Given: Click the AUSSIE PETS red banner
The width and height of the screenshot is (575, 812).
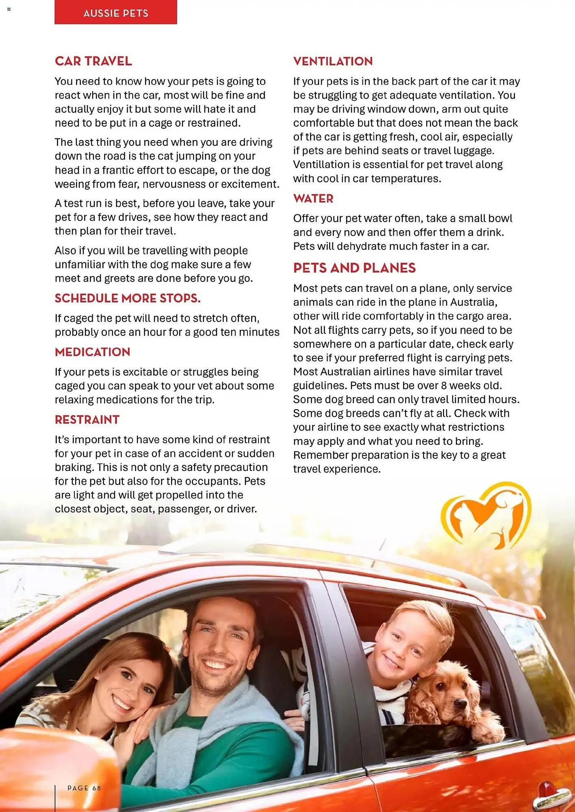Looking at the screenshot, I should [116, 13].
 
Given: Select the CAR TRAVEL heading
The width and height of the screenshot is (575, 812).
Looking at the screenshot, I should [93, 61].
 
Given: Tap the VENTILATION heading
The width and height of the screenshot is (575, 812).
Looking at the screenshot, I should [333, 61].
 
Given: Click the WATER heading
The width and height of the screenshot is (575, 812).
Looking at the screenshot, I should [313, 199].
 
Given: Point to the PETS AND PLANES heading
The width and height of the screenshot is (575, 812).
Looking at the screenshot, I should [354, 268].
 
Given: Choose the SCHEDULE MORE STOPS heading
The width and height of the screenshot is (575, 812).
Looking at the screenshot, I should [128, 298].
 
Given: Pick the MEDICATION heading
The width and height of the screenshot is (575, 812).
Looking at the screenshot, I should [93, 352].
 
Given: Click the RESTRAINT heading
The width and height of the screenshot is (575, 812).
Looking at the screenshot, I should [87, 420].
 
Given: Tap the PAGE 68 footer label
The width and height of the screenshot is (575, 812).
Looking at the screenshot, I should [84, 788].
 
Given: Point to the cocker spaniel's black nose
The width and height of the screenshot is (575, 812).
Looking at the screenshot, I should [460, 702].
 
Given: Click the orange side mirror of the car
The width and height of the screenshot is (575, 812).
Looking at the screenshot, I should [53, 771].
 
